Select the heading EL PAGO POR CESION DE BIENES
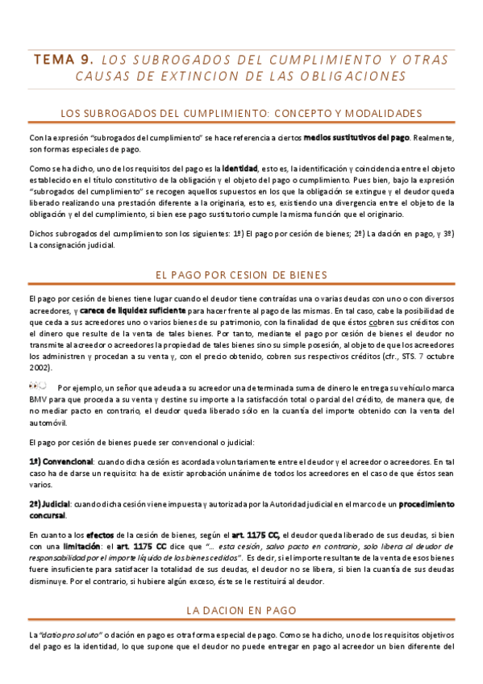241,275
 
